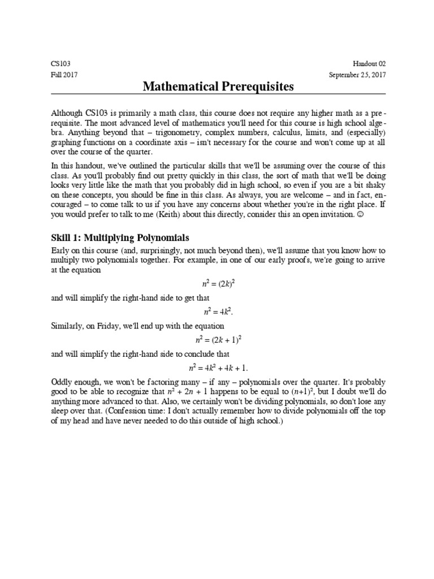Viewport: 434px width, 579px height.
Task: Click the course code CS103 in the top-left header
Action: [x=60, y=64]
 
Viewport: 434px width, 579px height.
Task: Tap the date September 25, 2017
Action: [x=357, y=75]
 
